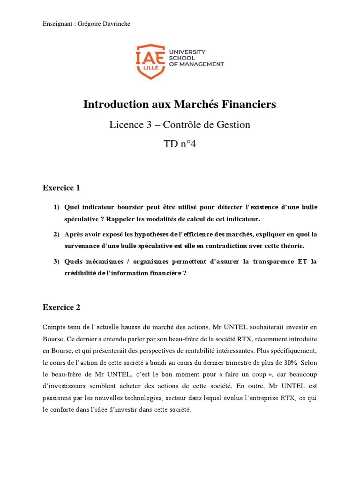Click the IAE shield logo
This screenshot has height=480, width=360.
pos(150,61)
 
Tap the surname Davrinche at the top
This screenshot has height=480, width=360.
pos(114,24)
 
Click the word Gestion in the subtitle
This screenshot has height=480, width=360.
pos(234,125)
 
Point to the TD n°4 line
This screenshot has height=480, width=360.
pos(180,144)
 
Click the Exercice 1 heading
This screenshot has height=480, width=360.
pos(61,188)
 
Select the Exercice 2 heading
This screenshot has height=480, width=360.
pos(61,307)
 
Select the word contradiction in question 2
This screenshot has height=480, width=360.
pos(223,246)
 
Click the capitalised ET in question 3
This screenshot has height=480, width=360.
pos(299,262)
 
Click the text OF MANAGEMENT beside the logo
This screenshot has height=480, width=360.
pos(196,64)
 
